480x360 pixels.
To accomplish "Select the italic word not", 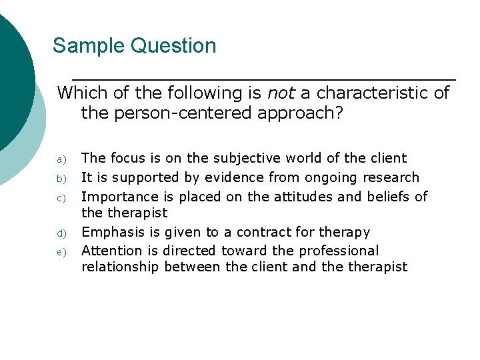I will click(x=280, y=93).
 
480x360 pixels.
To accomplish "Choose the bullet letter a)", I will click(x=61, y=159).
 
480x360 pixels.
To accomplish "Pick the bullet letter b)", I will click(x=61, y=178).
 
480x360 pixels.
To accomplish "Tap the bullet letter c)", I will click(x=61, y=197).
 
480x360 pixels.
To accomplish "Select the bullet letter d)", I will click(x=61, y=233).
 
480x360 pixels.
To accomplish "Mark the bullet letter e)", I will click(x=61, y=252).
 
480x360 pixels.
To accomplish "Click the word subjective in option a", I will click(x=249, y=159).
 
